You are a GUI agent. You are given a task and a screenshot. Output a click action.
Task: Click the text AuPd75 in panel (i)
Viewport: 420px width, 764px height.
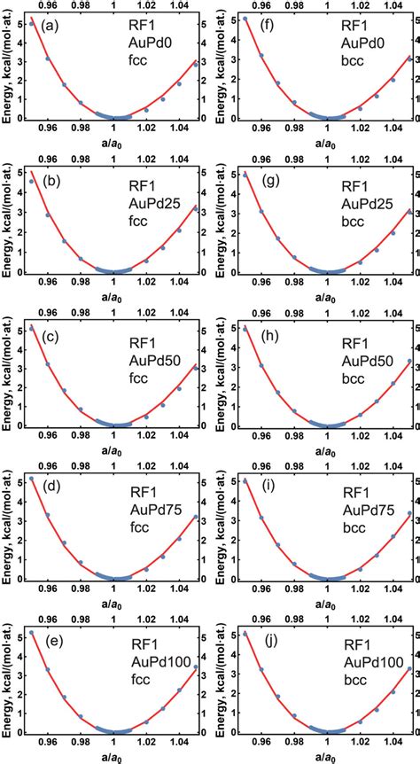(361, 511)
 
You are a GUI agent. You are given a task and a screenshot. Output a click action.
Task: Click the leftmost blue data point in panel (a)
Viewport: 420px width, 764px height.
(32, 23)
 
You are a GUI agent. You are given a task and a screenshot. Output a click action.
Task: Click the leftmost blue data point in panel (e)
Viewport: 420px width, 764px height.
(32, 633)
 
